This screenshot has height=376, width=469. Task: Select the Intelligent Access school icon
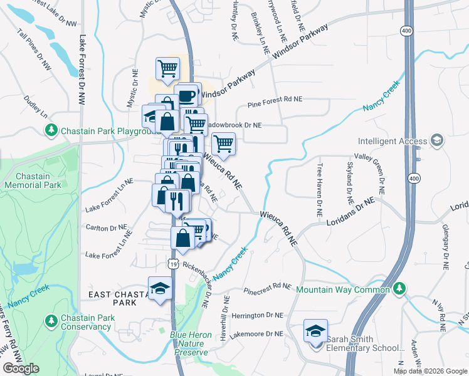point(438,141)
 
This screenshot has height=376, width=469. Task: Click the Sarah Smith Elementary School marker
point(315,330)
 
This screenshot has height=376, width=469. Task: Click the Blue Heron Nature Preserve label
point(189,343)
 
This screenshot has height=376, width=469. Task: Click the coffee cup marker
point(186,96)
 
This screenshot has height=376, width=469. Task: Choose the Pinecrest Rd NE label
point(268,287)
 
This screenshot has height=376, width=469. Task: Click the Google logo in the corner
point(21,368)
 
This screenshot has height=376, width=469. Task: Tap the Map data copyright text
point(429,371)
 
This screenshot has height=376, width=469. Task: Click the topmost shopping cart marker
point(168,70)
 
